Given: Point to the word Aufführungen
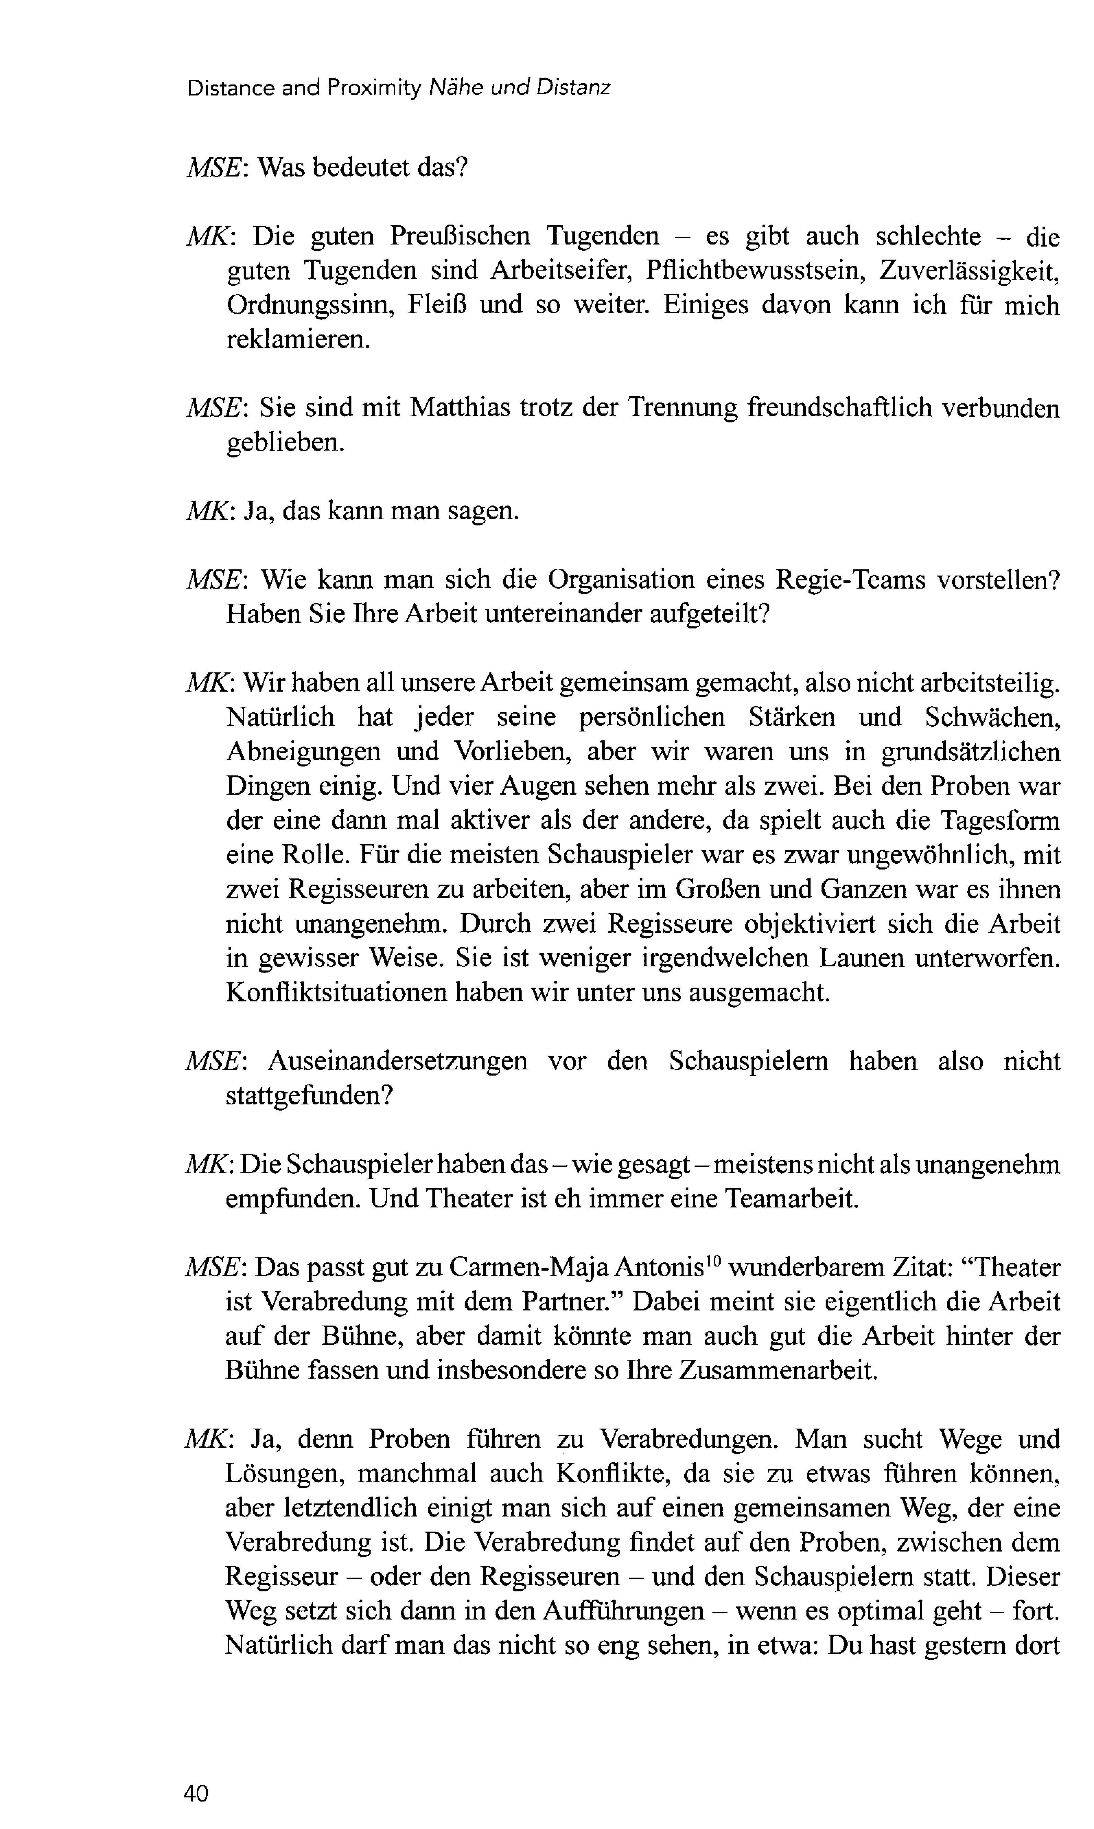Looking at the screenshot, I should (x=624, y=1611).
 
